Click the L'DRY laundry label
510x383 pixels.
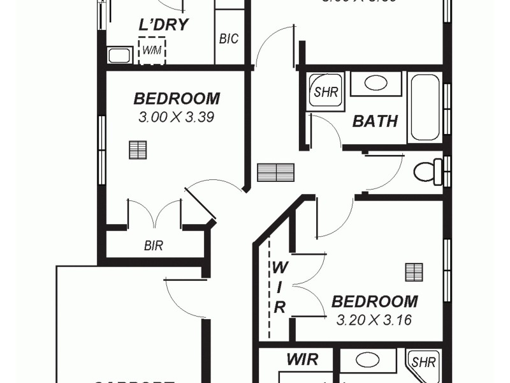coord(163,25)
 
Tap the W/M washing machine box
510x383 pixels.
coord(152,50)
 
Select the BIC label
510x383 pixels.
coord(228,39)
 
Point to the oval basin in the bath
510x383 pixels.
coord(375,84)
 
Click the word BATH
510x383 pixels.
coord(375,121)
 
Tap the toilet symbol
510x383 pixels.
coord(425,171)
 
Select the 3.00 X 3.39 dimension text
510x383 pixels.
coord(175,117)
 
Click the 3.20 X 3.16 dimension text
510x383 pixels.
coord(374,319)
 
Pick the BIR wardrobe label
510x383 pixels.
coord(153,245)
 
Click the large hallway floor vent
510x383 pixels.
coord(275,172)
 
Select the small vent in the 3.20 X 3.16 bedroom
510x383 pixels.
coord(414,272)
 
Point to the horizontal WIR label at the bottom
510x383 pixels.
coord(302,360)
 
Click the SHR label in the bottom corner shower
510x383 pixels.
coord(423,363)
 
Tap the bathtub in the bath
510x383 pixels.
coord(425,107)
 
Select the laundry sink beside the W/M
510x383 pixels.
coord(119,55)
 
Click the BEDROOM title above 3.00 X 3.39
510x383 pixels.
coord(177,99)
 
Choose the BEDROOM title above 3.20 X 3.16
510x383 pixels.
coord(374,301)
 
